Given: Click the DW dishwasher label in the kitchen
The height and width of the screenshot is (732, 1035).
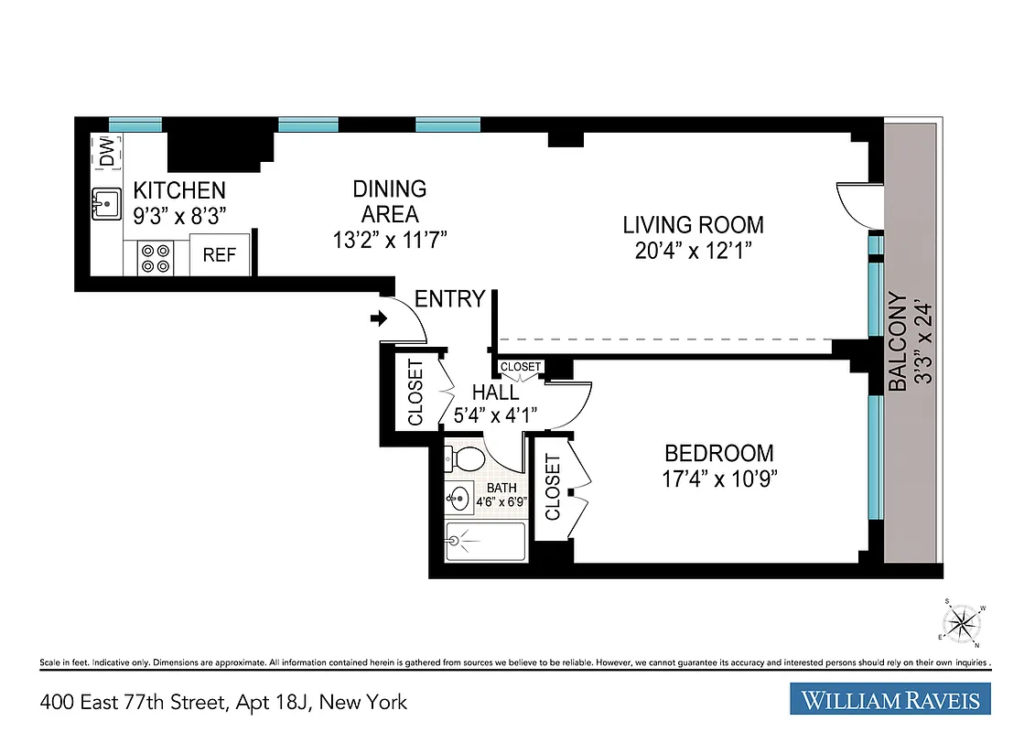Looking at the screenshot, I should tap(107, 152).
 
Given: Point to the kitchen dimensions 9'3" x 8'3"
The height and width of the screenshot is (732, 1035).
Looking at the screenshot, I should tap(180, 215).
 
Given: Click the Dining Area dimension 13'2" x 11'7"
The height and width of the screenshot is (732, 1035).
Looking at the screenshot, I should tap(390, 240).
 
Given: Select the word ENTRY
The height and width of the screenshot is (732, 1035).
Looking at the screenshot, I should tap(449, 299).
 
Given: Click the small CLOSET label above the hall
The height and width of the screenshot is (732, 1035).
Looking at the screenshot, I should tap(521, 367).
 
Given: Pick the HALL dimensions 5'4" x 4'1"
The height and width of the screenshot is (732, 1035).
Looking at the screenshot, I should tap(495, 414).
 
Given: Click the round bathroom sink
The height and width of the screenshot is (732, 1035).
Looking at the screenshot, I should tap(460, 499).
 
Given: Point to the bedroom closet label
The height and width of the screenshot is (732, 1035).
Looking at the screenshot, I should tap(553, 488).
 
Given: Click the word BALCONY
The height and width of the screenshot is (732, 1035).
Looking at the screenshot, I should tap(899, 342).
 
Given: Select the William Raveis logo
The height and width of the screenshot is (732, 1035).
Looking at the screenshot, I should tap(889, 701).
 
